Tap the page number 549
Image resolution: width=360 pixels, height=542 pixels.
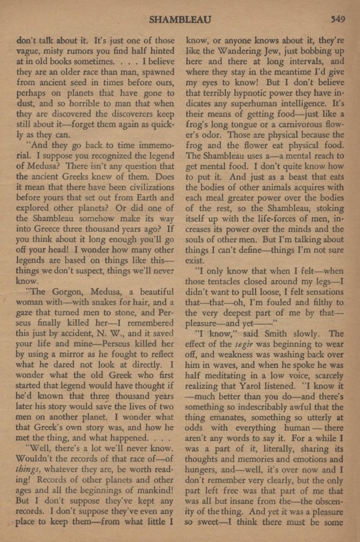coord(337,19)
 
